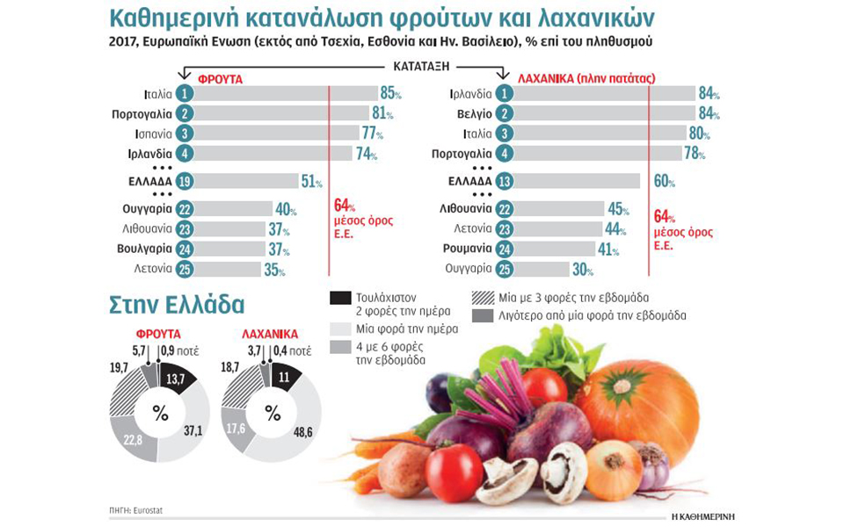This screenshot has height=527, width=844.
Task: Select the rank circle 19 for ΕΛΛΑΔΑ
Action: [184, 182]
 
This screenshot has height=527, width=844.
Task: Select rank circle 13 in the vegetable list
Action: [505, 182]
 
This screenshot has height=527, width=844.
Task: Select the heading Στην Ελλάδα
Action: [177, 304]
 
